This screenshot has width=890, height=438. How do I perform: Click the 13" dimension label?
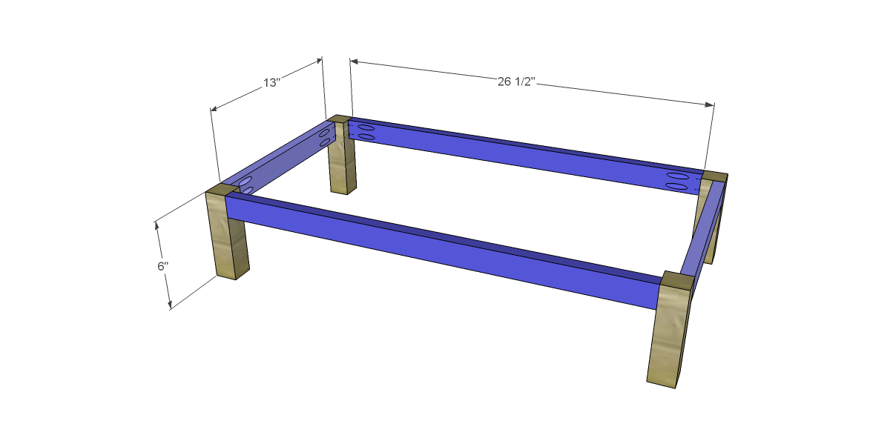[x=271, y=82]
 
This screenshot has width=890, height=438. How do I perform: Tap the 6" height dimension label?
[x=162, y=266]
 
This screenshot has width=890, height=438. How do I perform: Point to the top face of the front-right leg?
[x=675, y=282]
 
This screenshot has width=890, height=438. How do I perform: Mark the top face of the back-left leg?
[x=339, y=119]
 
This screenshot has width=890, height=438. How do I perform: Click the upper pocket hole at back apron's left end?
[x=366, y=128]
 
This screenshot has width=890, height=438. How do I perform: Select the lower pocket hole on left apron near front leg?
[x=247, y=190]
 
